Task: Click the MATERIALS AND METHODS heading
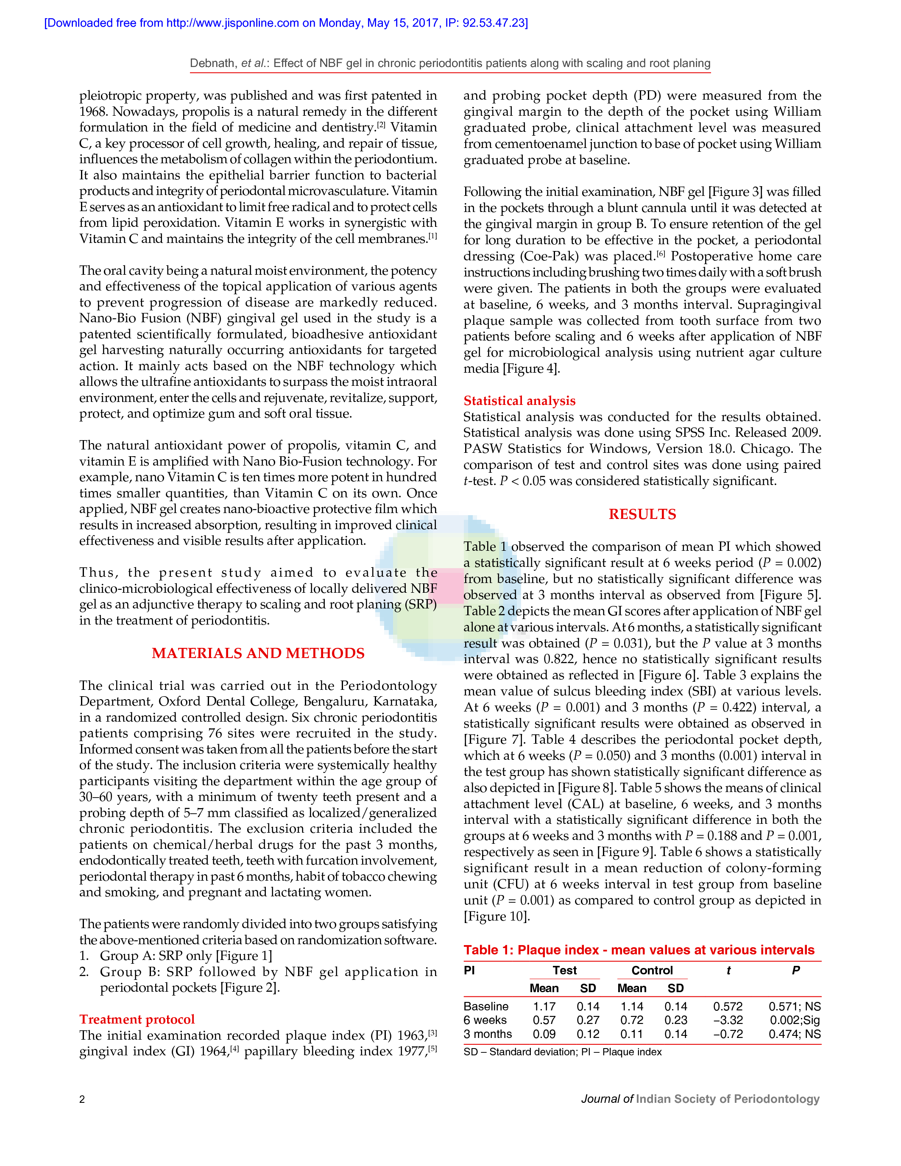258,653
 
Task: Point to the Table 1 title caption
639,950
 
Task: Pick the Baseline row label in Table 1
486,1007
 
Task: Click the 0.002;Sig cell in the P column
794,1020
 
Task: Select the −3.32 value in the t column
728,1020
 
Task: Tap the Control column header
652,970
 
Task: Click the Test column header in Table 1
564,970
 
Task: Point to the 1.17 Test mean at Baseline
544,1007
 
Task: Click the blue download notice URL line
286,23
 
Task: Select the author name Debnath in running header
213,63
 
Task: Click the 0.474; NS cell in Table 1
794,1034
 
